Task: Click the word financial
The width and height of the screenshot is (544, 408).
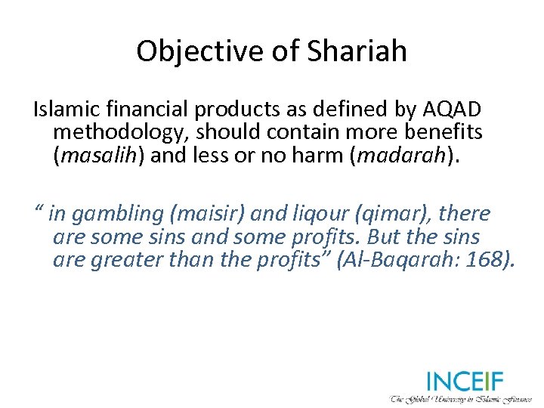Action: pyautogui.click(x=133, y=110)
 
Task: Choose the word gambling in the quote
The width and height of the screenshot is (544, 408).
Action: pyautogui.click(x=110, y=215)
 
